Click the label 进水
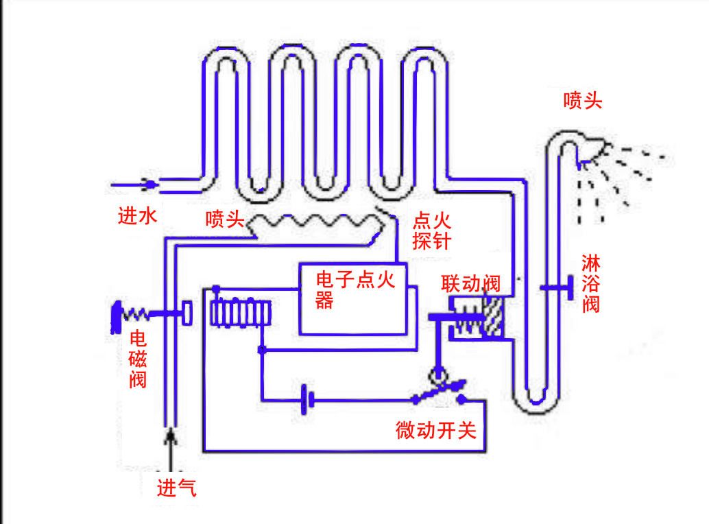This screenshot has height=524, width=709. tap(138, 217)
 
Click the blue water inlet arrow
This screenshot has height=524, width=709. tap(133, 184)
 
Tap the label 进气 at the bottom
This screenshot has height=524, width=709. tap(177, 488)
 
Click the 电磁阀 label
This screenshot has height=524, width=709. tap(138, 359)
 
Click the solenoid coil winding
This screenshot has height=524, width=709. tap(241, 314)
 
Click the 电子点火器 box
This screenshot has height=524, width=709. tap(352, 299)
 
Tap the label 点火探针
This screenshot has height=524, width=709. tap(431, 230)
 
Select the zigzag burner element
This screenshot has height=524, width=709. tap(315, 222)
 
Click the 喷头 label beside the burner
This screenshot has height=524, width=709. tap(225, 219)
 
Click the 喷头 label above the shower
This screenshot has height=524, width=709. tap(582, 102)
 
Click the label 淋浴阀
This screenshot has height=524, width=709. tap(590, 283)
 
